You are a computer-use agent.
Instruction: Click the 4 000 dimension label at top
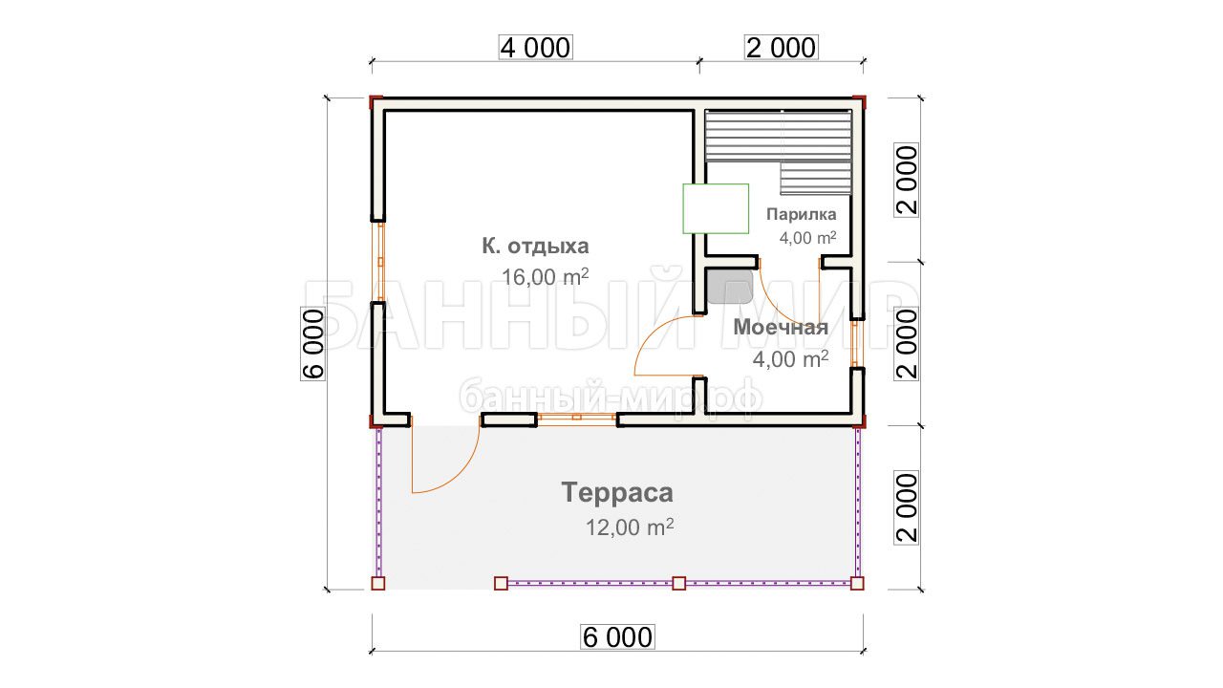click(x=536, y=48)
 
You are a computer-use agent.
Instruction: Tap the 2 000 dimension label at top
click(x=782, y=48)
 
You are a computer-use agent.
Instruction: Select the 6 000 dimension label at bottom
click(x=617, y=637)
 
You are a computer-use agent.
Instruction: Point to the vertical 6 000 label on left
click(x=313, y=344)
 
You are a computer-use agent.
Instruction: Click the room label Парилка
click(x=801, y=214)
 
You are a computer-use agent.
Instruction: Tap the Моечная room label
click(x=781, y=327)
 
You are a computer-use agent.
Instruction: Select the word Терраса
click(x=617, y=492)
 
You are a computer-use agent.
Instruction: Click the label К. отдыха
click(x=535, y=247)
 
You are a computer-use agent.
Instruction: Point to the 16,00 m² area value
click(x=545, y=277)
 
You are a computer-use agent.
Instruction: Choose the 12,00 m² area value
click(x=630, y=527)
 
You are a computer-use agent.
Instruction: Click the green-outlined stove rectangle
click(x=716, y=208)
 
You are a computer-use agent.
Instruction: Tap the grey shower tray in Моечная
click(x=730, y=287)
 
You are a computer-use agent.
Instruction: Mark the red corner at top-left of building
click(x=375, y=102)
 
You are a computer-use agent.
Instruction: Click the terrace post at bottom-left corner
click(x=377, y=583)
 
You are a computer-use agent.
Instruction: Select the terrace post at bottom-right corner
click(x=857, y=583)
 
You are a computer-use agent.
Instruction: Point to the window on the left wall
click(x=378, y=262)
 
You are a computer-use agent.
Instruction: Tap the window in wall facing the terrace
click(x=576, y=419)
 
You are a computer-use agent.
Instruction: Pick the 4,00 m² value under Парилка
click(x=807, y=238)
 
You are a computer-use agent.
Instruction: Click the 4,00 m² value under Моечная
click(x=790, y=359)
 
